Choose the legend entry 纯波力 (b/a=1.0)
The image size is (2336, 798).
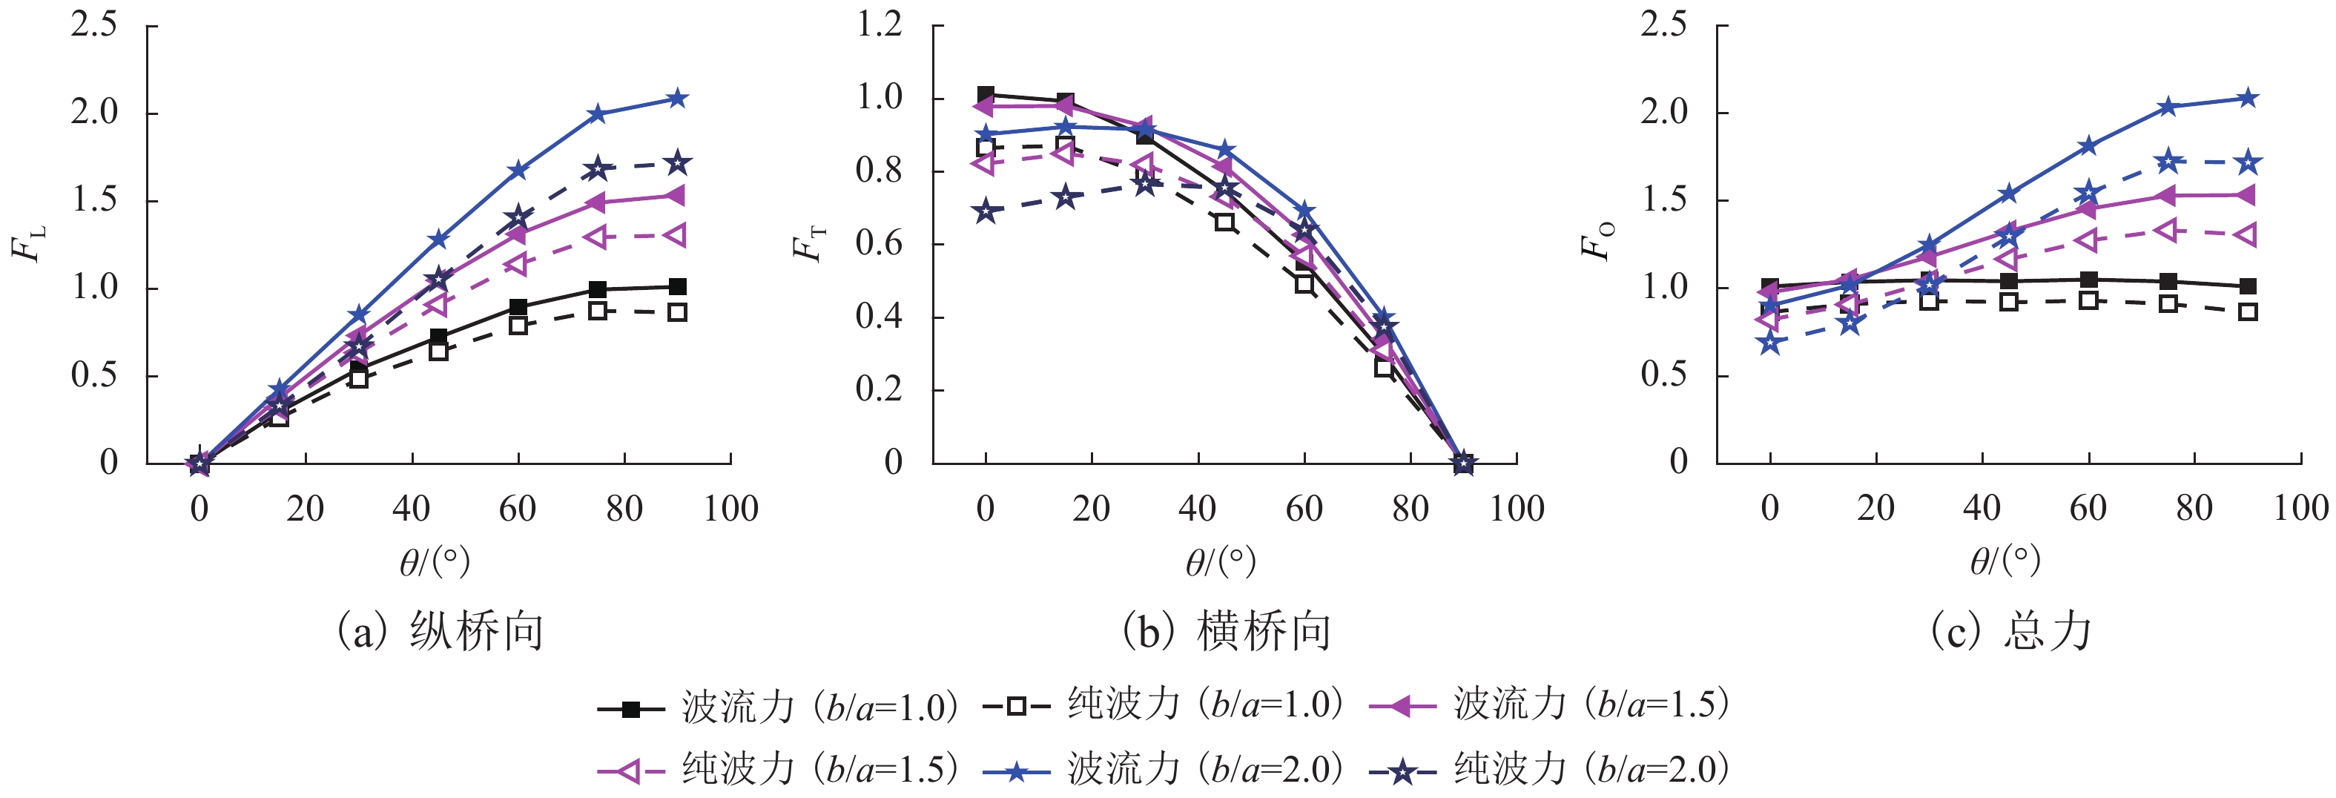pyautogui.click(x=1164, y=705)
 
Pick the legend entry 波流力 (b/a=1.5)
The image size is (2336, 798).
pyautogui.click(x=1550, y=705)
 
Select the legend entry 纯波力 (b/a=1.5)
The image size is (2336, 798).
pyautogui.click(x=778, y=770)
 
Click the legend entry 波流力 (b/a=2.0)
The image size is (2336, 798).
pyautogui.click(x=1164, y=770)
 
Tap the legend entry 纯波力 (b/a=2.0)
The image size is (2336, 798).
pyautogui.click(x=1550, y=770)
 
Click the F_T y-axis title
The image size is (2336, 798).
pyautogui.click(x=810, y=243)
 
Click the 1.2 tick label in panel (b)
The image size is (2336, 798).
pyautogui.click(x=879, y=24)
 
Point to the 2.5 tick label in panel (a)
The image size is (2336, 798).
pyautogui.click(x=94, y=24)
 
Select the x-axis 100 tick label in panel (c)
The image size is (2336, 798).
pyautogui.click(x=2300, y=509)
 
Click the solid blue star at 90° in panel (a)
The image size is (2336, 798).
pyautogui.click(x=677, y=99)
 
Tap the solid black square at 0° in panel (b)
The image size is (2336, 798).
pyautogui.click(x=986, y=94)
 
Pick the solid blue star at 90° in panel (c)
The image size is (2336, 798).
pyautogui.click(x=2247, y=99)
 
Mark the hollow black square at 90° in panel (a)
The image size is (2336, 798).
pyautogui.click(x=677, y=313)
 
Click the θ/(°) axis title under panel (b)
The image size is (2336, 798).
pyautogui.click(x=1221, y=562)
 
